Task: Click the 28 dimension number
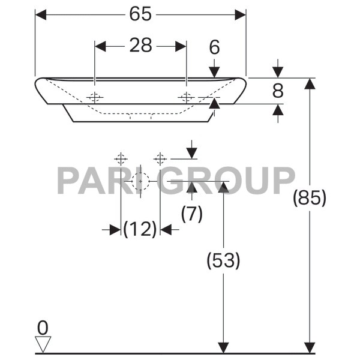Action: (140, 46)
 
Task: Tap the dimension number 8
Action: (277, 91)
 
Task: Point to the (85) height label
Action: (309, 197)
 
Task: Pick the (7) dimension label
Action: (191, 214)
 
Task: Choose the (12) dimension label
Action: (140, 229)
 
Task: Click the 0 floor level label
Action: (42, 327)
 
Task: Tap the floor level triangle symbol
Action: (43, 344)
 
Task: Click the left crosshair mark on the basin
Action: (95, 97)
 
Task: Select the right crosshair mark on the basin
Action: (187, 97)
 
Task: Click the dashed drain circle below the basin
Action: (140, 181)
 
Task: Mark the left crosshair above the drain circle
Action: (121, 158)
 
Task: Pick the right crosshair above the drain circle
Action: (160, 158)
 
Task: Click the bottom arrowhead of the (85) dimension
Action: (310, 347)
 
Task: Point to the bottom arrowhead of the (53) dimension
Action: (223, 347)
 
